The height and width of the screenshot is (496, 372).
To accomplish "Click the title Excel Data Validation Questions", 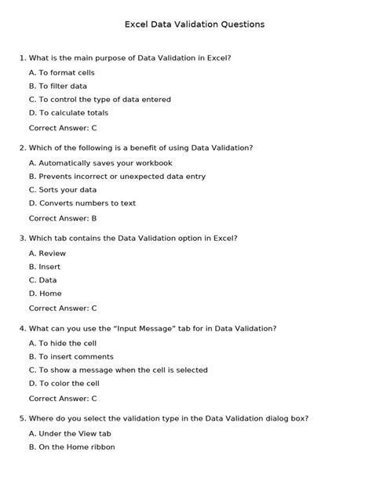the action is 195,24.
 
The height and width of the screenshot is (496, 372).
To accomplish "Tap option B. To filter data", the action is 57,86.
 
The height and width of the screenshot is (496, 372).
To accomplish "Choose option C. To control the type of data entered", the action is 99,100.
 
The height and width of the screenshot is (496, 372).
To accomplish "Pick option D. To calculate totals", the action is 68,113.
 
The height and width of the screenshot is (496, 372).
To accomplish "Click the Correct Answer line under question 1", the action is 63,127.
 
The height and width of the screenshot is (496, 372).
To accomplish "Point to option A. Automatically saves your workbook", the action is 100,163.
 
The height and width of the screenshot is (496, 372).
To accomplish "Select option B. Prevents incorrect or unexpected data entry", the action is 117,177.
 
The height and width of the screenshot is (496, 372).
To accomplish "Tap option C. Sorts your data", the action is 63,190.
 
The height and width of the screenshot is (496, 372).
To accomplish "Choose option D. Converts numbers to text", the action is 82,203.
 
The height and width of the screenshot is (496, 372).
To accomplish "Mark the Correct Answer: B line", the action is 63,218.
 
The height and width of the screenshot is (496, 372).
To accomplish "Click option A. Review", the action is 47,253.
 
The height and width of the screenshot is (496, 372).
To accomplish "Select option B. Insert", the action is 44,267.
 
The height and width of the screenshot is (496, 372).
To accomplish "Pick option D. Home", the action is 45,294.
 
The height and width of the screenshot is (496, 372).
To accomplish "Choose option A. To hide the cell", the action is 62,343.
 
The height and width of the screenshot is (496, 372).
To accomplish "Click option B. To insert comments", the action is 71,356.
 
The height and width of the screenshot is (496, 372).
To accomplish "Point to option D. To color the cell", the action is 64,383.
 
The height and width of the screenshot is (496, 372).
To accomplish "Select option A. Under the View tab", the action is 70,433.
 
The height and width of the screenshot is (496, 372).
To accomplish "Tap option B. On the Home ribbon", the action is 71,447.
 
